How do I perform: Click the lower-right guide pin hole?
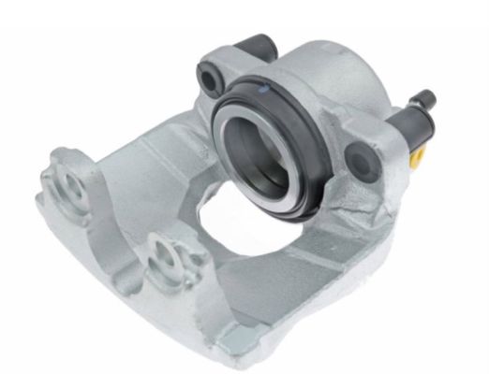coord(357,161)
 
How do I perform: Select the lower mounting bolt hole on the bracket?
coord(165,252)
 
